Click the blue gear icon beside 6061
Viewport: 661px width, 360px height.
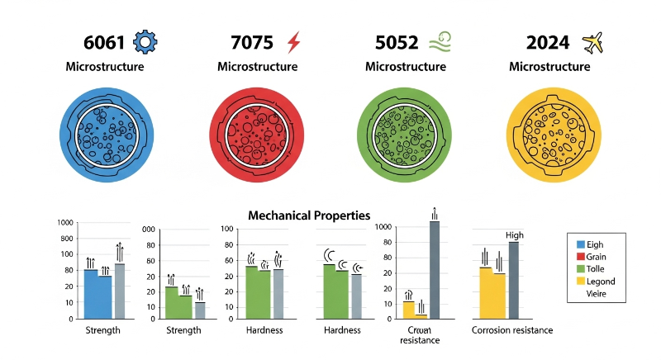pos(145,41)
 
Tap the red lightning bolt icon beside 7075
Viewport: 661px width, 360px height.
pos(293,41)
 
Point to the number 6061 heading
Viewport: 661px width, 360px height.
pos(105,42)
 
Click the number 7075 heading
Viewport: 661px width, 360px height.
pos(253,42)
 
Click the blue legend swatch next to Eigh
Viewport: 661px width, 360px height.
pos(580,244)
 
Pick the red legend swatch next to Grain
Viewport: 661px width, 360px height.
pos(580,257)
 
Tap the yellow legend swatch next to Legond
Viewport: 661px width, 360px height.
pos(580,282)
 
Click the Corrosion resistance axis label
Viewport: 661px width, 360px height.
pos(512,330)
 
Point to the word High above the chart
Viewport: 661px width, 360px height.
pos(514,235)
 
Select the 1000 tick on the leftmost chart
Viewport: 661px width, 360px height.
pos(65,224)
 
